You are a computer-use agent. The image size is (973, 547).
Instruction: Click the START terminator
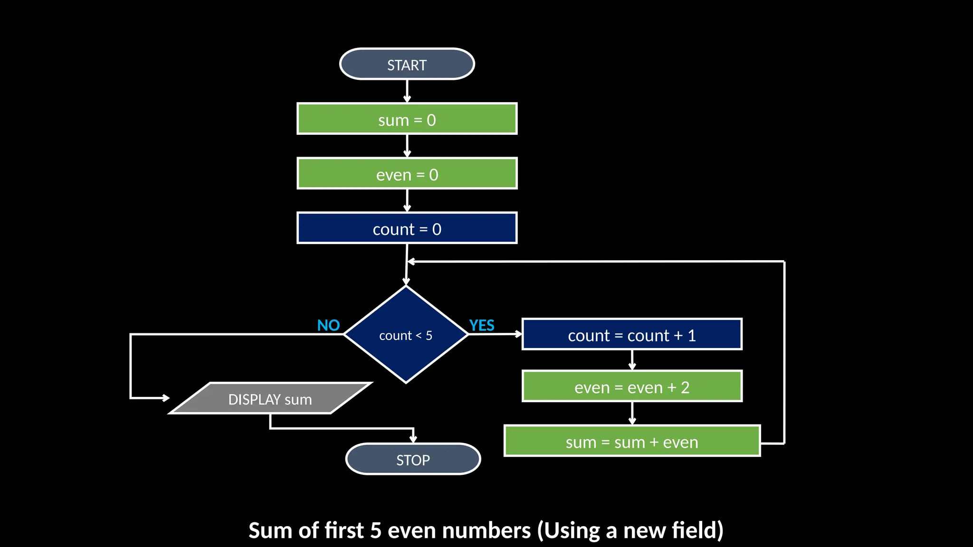click(x=407, y=64)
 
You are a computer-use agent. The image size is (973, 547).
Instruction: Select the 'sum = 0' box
click(x=407, y=119)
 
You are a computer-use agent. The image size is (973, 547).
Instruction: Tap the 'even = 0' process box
click(x=407, y=174)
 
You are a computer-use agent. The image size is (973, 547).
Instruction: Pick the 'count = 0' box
click(x=407, y=228)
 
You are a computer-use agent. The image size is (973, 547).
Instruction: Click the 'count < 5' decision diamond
click(x=406, y=335)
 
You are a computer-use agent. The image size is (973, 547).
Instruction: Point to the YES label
click(x=482, y=325)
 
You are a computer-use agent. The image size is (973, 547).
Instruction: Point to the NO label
click(x=328, y=325)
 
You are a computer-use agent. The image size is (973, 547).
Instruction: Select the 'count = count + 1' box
click(x=631, y=335)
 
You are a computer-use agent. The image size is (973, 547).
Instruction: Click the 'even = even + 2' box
click(x=631, y=387)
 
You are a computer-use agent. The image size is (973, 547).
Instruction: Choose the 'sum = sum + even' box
click(x=631, y=441)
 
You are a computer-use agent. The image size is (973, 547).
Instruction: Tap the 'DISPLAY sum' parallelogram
click(x=270, y=399)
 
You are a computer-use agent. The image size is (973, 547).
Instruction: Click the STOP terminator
click(x=413, y=459)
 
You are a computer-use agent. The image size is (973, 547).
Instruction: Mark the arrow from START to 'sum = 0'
click(x=407, y=91)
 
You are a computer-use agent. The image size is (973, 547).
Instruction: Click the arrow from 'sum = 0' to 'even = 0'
click(x=407, y=146)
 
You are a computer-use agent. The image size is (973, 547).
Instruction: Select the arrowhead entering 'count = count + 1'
click(x=518, y=334)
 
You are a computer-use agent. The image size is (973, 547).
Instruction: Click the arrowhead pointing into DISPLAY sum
click(x=165, y=398)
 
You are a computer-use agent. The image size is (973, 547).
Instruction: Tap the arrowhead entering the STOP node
click(x=413, y=439)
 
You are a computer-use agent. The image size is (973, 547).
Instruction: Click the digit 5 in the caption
click(x=376, y=530)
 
